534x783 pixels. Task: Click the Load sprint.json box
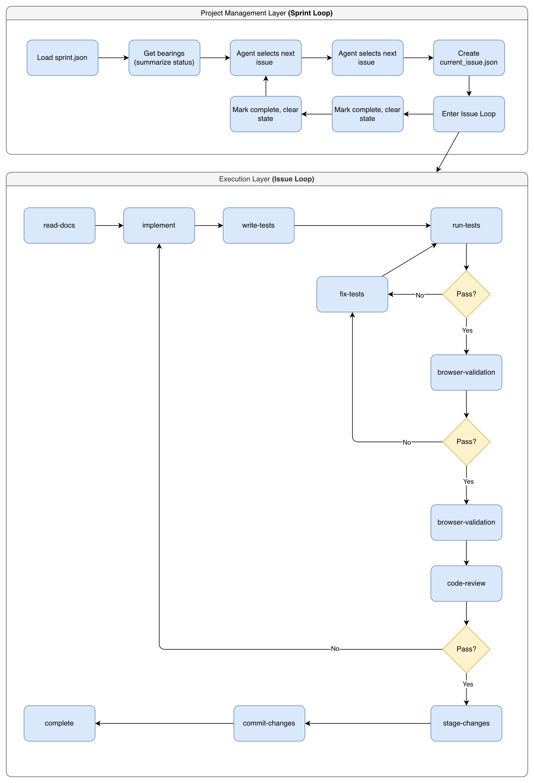[62, 58]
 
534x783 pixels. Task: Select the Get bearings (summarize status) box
[164, 58]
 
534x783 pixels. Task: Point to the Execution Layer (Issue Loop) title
[267, 179]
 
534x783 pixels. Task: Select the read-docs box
[59, 225]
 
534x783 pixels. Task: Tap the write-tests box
[258, 225]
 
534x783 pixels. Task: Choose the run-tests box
[466, 225]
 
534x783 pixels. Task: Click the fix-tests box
[352, 294]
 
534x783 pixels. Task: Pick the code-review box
[466, 583]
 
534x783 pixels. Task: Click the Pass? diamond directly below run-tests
[466, 294]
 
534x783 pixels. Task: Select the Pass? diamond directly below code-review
[466, 649]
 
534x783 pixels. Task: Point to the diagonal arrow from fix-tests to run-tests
[409, 260]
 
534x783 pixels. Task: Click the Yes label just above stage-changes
[468, 684]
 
